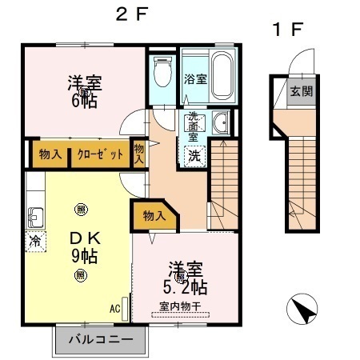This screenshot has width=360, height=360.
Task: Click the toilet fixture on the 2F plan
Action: (x=162, y=74)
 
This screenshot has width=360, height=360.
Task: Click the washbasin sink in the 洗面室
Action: (x=220, y=123)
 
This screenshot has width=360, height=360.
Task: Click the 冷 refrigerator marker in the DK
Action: (x=35, y=240)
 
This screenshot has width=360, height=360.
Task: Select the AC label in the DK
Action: (x=114, y=306)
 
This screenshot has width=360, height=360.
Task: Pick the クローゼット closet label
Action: (x=101, y=154)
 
